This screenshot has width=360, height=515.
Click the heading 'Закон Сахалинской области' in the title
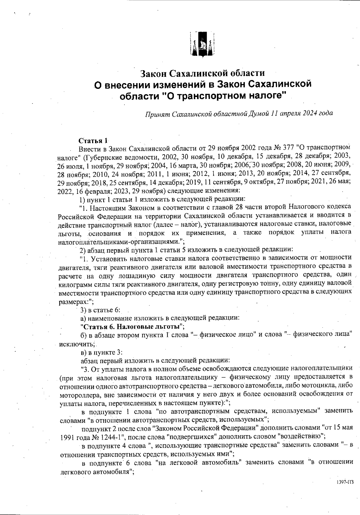click(x=203, y=73)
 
